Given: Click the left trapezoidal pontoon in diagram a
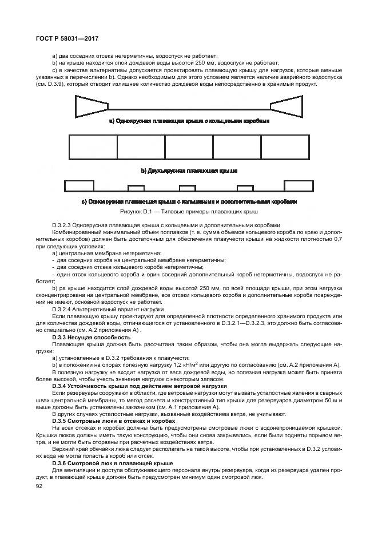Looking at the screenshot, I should [x=91, y=104].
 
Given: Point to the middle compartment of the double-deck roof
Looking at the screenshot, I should [x=189, y=147].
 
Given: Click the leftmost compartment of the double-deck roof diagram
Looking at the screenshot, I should [x=93, y=147].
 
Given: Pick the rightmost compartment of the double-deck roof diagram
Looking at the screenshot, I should [x=285, y=147].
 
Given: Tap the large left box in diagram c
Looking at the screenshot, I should [x=79, y=185].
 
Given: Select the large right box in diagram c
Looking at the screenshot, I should [x=299, y=185].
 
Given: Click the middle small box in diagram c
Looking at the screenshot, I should [x=188, y=188].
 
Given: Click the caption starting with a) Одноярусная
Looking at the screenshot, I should [x=189, y=121].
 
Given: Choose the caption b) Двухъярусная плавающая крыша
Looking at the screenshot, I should [x=189, y=171].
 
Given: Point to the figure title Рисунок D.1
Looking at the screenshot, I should [x=189, y=212].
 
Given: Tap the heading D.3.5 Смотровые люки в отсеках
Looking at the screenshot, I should [x=103, y=421].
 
